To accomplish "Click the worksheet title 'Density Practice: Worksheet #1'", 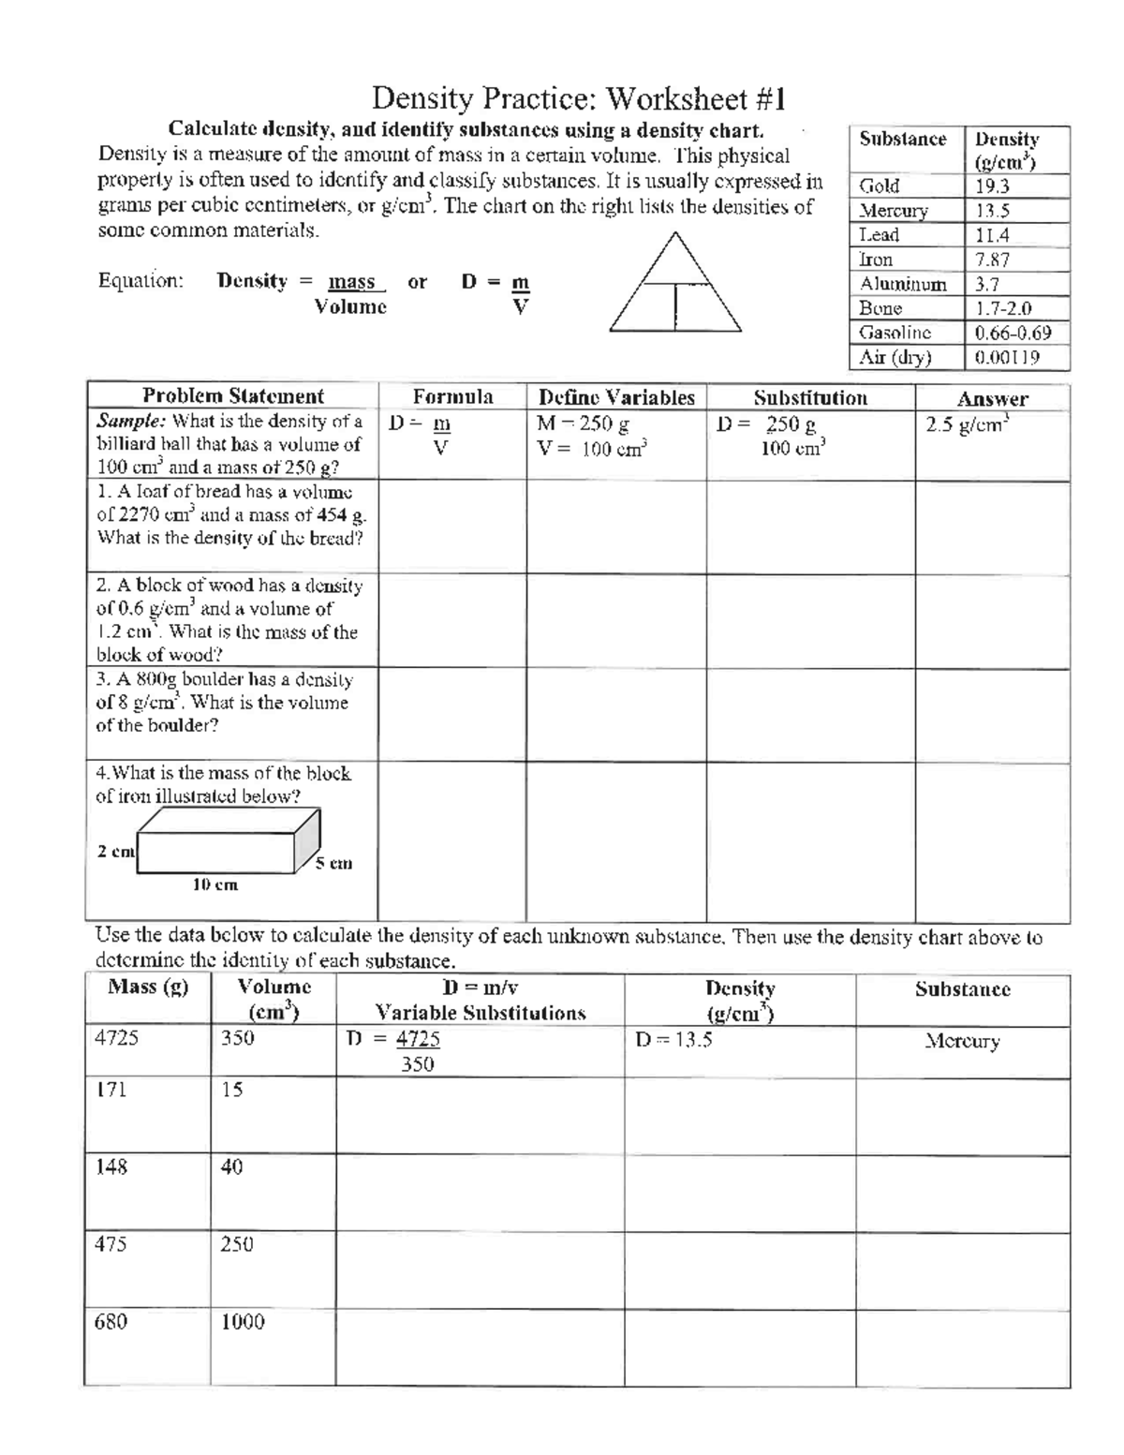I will (x=579, y=98).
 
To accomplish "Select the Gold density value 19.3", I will (x=992, y=186).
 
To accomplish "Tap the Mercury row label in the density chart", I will (x=894, y=211).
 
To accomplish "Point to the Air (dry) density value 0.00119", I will (x=1007, y=357).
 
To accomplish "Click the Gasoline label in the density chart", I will (x=895, y=333).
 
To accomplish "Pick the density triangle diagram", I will (x=675, y=283).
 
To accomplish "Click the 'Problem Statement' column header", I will (x=232, y=396).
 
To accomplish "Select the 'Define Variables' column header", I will (x=616, y=397).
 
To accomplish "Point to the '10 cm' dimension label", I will (x=215, y=884).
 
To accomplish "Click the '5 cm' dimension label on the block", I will (x=333, y=863).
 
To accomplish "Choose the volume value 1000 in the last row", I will (x=243, y=1322).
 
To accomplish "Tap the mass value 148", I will (x=111, y=1166).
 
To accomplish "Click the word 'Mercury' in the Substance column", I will (x=962, y=1041).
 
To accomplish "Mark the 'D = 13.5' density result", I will (x=673, y=1039).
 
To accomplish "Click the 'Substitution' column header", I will (x=810, y=397).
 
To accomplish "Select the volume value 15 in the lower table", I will (x=232, y=1089).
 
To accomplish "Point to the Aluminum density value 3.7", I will (x=987, y=284).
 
